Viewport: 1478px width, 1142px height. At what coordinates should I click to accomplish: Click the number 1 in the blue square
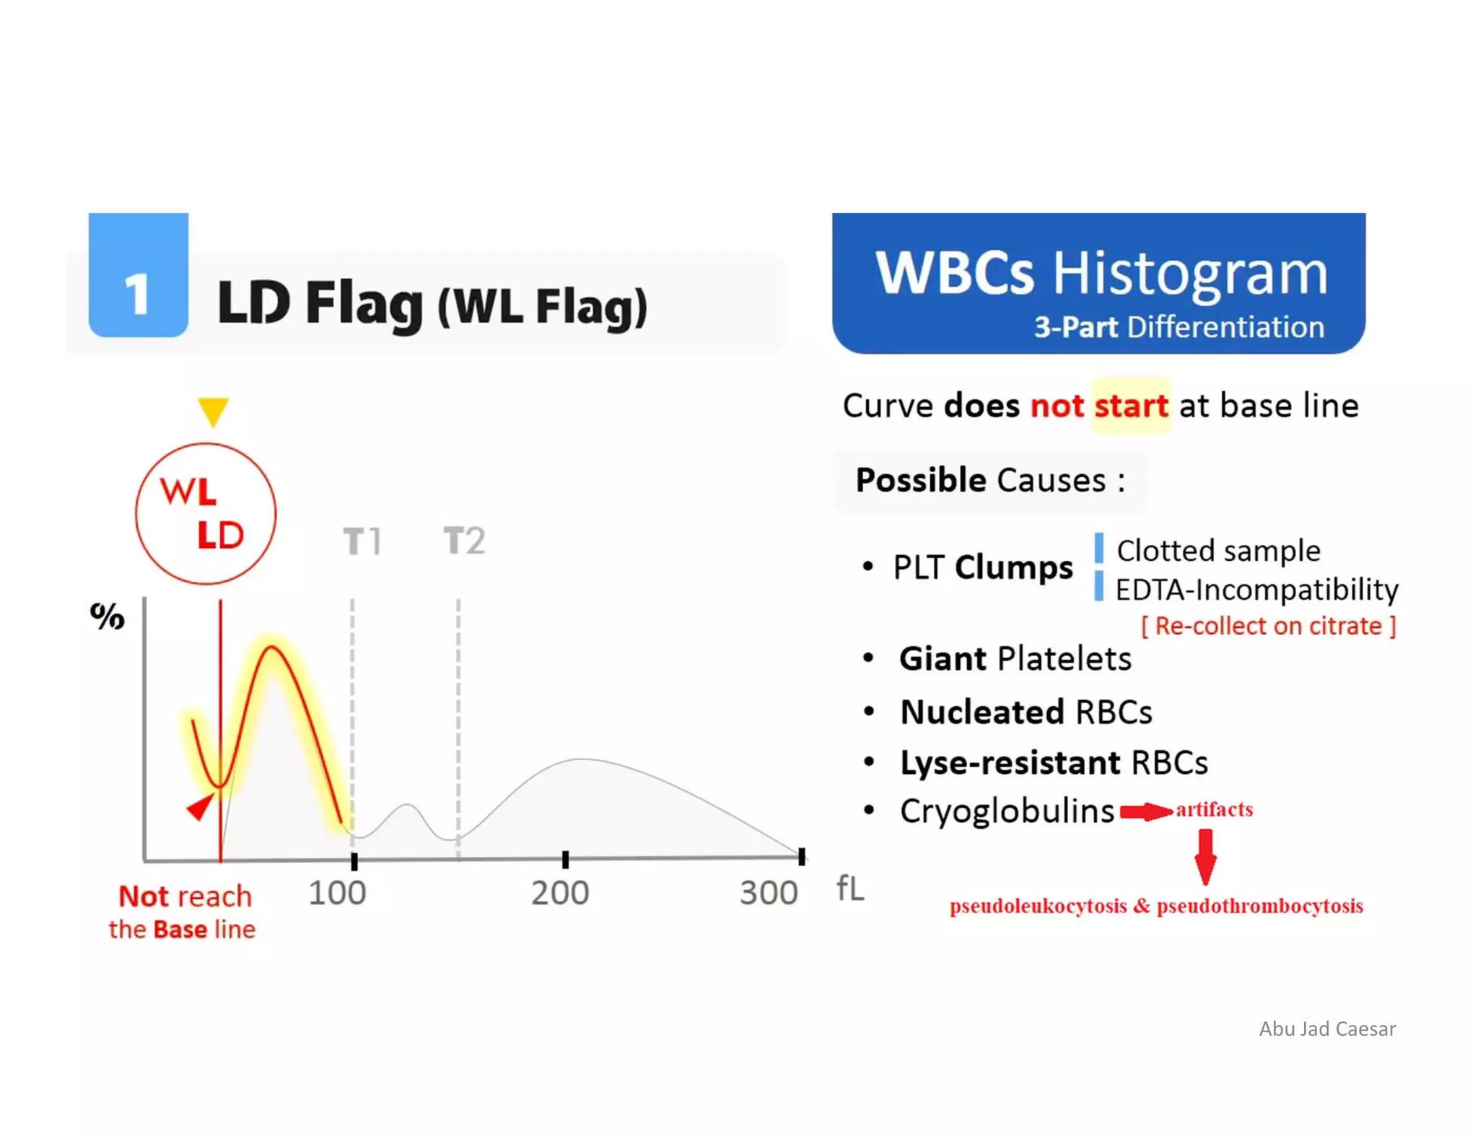pos(137,295)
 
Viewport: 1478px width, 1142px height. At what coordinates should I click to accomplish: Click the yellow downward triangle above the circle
pos(213,411)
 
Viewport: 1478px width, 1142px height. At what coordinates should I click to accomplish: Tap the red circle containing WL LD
pos(206,513)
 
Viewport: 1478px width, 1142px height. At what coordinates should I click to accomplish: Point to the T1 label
pos(362,541)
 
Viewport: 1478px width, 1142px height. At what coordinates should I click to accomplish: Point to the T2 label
pos(464,541)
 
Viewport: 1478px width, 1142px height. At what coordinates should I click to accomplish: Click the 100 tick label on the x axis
pos(337,893)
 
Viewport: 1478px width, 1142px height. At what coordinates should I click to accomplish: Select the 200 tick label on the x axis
pos(560,893)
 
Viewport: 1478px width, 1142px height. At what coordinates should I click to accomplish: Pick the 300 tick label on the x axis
pos(769,893)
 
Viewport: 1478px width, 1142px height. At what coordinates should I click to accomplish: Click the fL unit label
pos(850,889)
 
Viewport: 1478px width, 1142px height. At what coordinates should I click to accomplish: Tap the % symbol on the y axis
pos(108,616)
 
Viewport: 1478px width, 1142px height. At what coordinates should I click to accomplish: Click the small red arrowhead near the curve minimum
pos(201,806)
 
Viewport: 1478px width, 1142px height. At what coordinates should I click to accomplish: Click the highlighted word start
pos(1131,406)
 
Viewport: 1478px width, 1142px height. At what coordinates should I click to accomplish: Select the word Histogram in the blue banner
pos(1190,274)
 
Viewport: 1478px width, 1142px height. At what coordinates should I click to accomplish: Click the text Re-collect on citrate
pos(1268,626)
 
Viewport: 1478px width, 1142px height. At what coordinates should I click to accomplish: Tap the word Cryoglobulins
pos(1007,811)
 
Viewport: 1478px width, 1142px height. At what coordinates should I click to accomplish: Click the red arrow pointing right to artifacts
pos(1145,812)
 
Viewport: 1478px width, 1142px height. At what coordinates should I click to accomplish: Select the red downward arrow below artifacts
pos(1205,857)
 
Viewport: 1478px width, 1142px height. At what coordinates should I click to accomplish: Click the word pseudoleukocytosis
pos(1038,906)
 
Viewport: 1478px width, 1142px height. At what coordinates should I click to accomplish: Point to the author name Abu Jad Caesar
pos(1327,1029)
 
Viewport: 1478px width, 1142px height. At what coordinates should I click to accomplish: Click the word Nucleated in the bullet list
pos(982,712)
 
